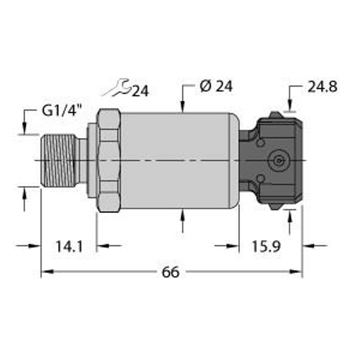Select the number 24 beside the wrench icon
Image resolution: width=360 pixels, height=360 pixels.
pyautogui.click(x=140, y=91)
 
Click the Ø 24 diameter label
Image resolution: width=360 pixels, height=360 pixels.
pyautogui.click(x=215, y=86)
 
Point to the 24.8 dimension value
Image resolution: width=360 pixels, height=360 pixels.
pyautogui.click(x=322, y=87)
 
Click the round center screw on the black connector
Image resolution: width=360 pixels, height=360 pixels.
pyautogui.click(x=278, y=160)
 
